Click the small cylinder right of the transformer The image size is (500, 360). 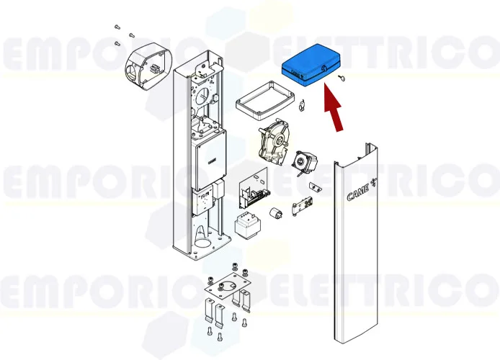[275, 215]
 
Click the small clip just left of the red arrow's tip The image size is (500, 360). [302, 107]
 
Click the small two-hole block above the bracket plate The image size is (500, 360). [313, 186]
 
